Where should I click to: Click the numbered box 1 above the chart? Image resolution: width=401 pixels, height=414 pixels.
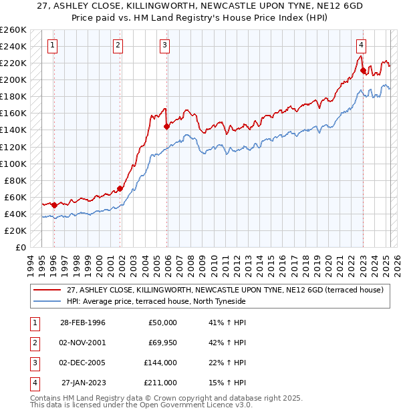(x=52, y=45)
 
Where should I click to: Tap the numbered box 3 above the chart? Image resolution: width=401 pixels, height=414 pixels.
(x=164, y=45)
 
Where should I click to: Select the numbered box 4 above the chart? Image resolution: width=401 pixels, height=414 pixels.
(x=360, y=45)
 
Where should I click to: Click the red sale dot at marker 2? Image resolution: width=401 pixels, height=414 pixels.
(x=120, y=188)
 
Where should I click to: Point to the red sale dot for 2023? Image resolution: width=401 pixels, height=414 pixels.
(x=362, y=70)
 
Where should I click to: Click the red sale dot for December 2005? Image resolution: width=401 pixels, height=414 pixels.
(x=166, y=126)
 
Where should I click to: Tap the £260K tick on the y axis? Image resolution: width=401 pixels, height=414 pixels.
(x=13, y=30)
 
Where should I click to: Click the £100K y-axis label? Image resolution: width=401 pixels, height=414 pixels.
(x=13, y=164)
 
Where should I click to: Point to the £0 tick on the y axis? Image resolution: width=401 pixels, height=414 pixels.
(x=20, y=247)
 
